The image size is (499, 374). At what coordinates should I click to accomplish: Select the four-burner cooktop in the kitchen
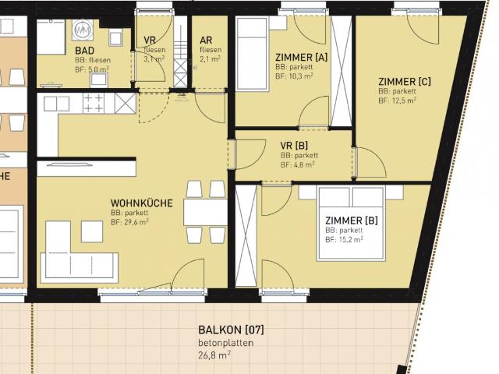click(94, 103)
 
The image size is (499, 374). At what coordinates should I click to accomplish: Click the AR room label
click(206, 40)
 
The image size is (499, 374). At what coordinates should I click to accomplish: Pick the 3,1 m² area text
click(154, 58)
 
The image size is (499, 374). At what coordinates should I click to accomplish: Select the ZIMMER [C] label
click(403, 81)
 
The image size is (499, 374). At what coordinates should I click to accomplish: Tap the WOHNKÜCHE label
click(141, 203)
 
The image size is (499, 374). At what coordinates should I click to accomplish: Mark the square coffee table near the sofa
click(92, 231)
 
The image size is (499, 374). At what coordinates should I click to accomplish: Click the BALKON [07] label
click(225, 330)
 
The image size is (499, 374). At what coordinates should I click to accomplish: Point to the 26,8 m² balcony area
click(214, 355)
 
